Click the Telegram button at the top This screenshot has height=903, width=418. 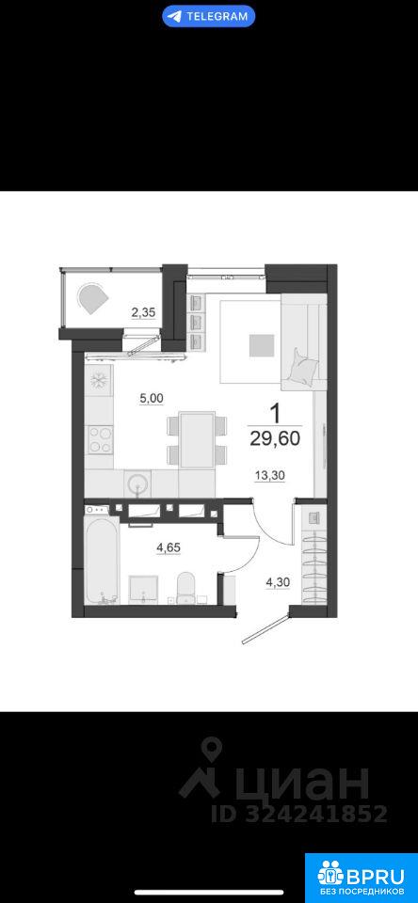tap(209, 16)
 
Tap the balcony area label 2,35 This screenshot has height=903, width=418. tap(143, 313)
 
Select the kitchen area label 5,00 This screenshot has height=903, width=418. tap(152, 397)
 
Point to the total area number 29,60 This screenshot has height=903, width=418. tap(275, 439)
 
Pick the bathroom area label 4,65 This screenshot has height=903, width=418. tap(169, 547)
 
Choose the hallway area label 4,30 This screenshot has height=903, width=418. tap(277, 582)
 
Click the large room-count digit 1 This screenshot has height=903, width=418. tap(276, 413)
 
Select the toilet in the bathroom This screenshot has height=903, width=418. tap(185, 586)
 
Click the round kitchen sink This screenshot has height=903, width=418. tap(137, 483)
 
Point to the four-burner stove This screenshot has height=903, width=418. tap(99, 440)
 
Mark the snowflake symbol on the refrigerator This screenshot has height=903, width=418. tap(99, 379)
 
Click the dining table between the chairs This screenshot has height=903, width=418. tap(197, 439)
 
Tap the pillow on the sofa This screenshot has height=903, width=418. tap(303, 366)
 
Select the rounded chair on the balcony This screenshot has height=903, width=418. tap(93, 299)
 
